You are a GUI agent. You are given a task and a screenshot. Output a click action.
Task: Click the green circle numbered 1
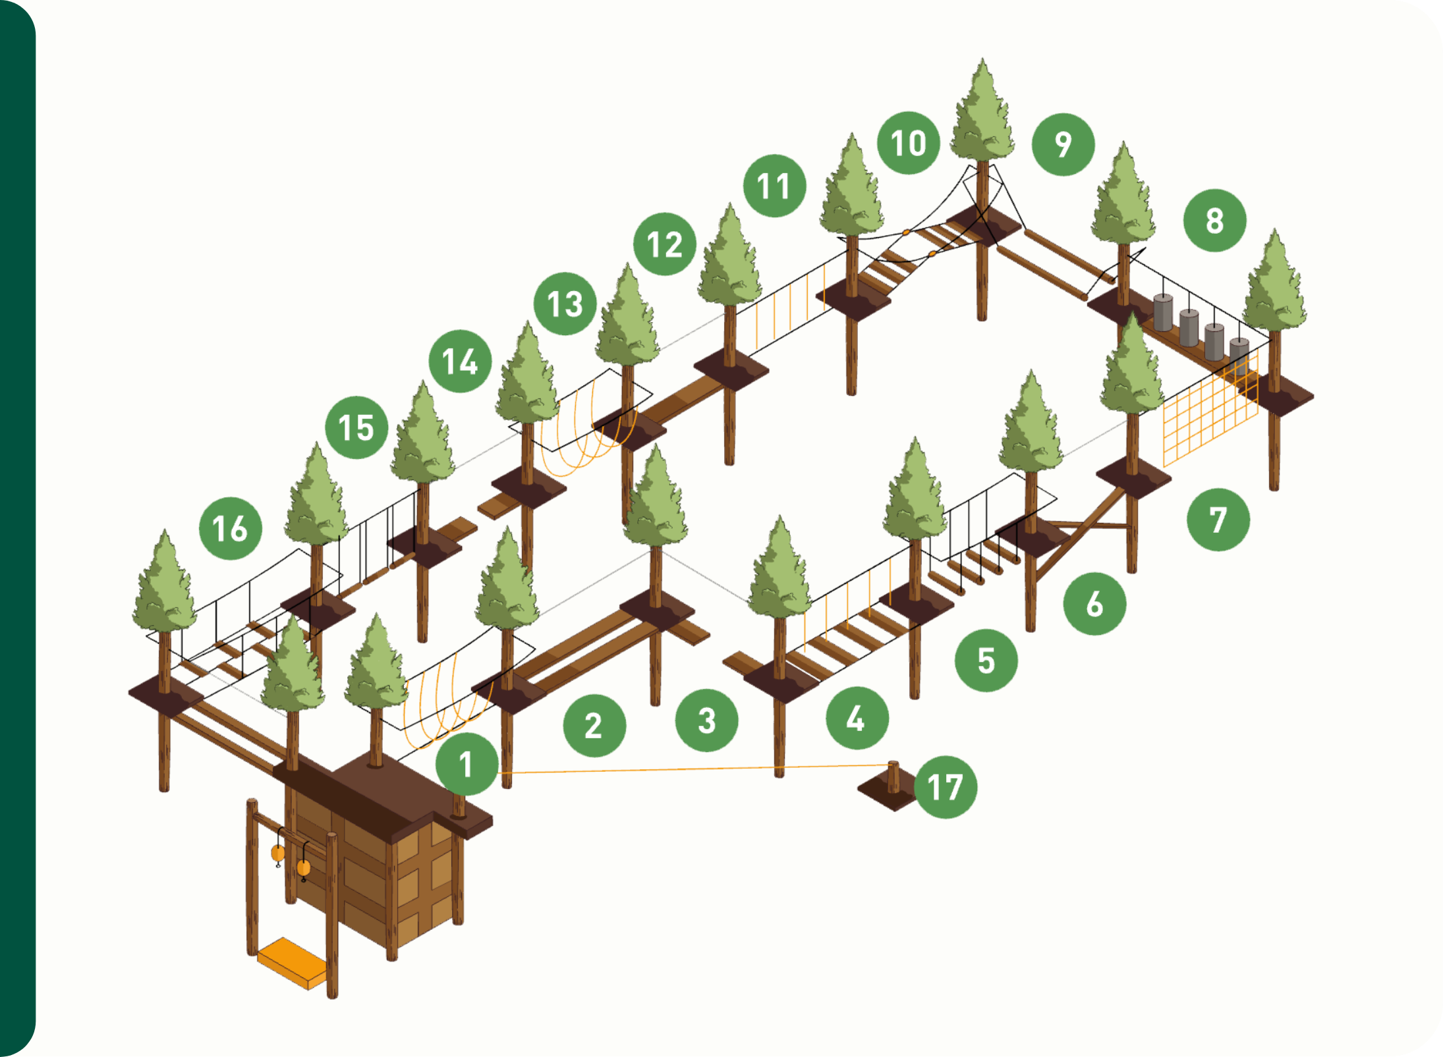467,764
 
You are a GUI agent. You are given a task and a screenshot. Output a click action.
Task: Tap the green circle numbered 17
946,787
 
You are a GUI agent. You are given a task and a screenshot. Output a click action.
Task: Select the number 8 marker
1214,221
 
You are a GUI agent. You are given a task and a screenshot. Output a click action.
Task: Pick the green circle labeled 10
909,143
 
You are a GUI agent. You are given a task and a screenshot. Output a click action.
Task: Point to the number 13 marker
565,304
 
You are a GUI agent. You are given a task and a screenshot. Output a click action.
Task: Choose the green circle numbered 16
231,528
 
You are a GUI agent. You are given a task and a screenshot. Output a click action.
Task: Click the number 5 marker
986,660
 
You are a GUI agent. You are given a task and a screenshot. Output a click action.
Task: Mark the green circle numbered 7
1218,520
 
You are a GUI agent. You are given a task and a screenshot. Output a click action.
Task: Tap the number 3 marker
706,720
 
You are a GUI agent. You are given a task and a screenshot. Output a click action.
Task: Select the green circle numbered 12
665,244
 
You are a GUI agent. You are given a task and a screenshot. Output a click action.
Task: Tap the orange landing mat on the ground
292,963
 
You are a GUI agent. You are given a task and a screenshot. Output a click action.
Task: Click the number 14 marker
460,361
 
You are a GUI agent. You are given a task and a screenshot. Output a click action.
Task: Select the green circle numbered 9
1063,144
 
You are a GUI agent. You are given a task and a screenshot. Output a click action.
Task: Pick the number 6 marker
1094,603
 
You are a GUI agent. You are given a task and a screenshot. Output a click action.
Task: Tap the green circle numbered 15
356,427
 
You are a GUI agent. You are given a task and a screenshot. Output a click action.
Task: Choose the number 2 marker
594,725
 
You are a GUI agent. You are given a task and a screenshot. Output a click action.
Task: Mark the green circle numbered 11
774,186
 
